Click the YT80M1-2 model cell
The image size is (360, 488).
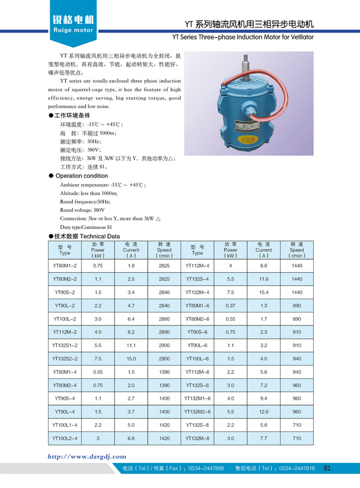[x=65, y=265]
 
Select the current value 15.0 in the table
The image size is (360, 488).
[x=131, y=358]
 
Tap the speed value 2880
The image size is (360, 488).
[x=164, y=318]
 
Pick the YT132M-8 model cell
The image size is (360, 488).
[x=197, y=439]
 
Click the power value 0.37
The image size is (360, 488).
[x=230, y=305]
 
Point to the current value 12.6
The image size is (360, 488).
[x=263, y=412]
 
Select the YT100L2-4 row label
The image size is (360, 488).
[x=65, y=439]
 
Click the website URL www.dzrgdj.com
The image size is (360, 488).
[x=87, y=456]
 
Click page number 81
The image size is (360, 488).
[x=327, y=468]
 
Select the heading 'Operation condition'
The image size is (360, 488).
[x=82, y=176]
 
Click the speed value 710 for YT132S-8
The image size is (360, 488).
[x=296, y=425]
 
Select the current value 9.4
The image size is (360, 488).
[x=263, y=398]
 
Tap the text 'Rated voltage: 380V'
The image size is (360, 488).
[x=82, y=210]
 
